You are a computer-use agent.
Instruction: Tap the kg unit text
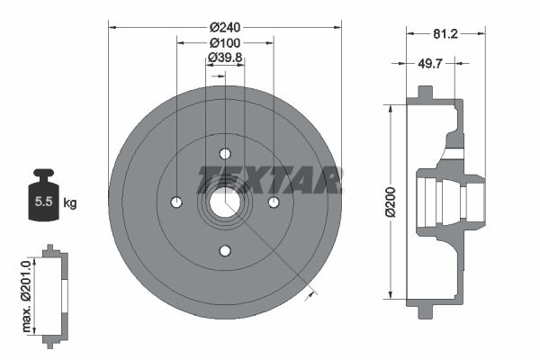(x=70, y=203)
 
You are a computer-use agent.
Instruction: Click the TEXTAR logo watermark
(x=269, y=180)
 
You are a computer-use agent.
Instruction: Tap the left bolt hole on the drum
(x=176, y=201)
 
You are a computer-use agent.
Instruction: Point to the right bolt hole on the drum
(x=274, y=201)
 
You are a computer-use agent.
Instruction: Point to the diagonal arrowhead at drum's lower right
(x=311, y=290)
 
